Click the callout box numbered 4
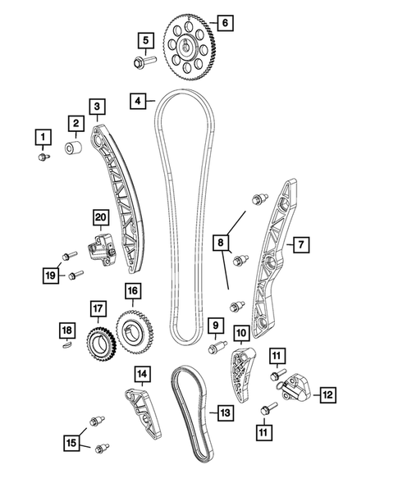point(140,102)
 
